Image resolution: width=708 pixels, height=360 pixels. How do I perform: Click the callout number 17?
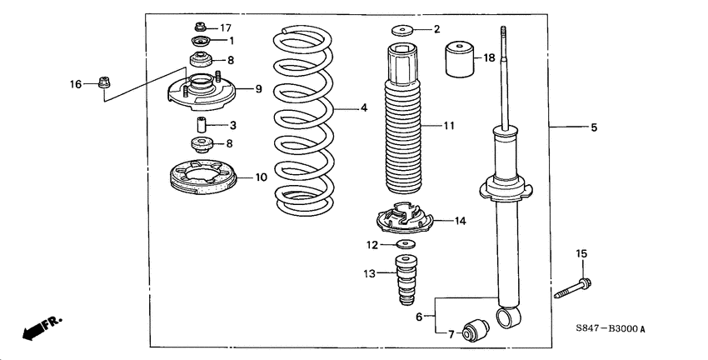point(226,27)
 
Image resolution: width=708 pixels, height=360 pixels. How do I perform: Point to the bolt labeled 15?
point(574,288)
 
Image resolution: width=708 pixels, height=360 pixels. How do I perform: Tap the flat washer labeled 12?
point(406,244)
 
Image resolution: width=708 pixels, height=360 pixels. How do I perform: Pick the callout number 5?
point(594,127)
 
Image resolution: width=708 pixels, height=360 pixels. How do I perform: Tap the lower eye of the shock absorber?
point(506,317)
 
